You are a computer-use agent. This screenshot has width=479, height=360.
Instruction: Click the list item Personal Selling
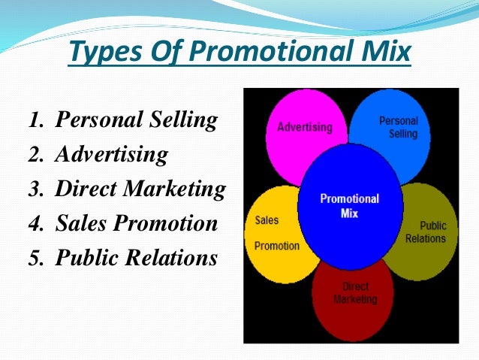pos(137,119)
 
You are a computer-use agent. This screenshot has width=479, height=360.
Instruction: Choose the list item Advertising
pos(112,154)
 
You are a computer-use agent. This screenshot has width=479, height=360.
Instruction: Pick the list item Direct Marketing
pos(140,189)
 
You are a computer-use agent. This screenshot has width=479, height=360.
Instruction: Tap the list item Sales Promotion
pos(137,223)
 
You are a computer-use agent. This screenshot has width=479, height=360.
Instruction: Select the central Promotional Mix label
pos(350,205)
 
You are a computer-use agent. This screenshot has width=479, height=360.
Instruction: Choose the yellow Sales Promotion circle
pos(273,233)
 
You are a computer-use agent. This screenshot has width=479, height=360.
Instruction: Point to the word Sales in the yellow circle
pos(267,221)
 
